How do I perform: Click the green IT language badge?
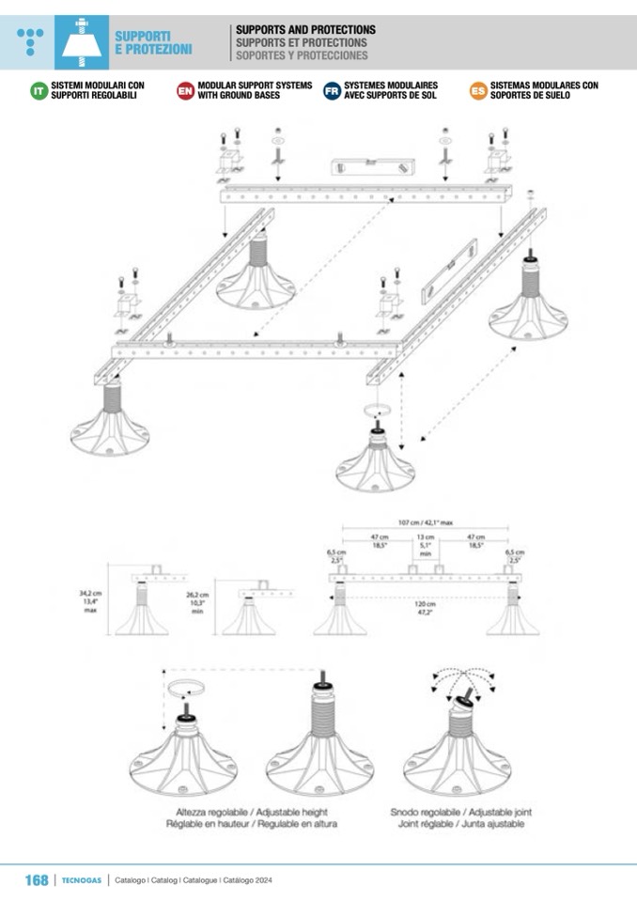click(x=39, y=90)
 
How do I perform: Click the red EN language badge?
click(x=185, y=90)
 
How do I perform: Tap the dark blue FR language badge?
click(x=332, y=90)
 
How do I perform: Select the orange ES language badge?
click(x=477, y=90)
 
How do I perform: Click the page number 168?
click(x=36, y=879)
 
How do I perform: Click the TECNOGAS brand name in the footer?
click(x=82, y=880)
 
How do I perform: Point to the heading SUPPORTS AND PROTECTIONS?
click(x=305, y=30)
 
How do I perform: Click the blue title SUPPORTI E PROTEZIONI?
click(x=153, y=42)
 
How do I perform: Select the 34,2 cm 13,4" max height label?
click(x=90, y=599)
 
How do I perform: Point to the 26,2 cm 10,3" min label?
click(x=197, y=600)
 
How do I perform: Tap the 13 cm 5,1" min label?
click(x=426, y=545)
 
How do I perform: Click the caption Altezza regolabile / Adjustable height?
click(x=256, y=812)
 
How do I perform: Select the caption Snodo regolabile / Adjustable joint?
click(x=461, y=812)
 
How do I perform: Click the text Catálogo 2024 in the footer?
click(x=247, y=880)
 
